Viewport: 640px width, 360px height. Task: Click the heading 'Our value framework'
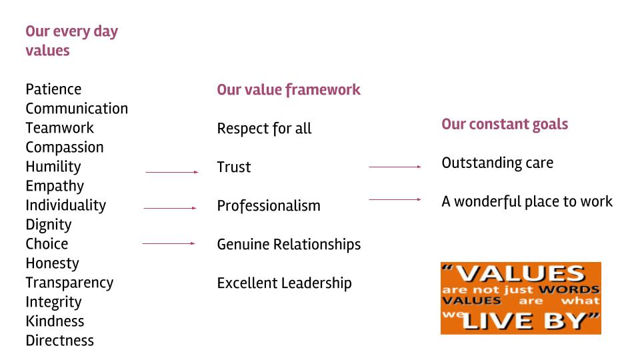coord(288,90)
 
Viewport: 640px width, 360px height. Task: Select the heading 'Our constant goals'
coord(505,125)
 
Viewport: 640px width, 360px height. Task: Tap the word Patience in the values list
coord(53,89)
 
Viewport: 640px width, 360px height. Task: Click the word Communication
coord(77,109)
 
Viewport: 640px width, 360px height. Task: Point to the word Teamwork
coord(59,128)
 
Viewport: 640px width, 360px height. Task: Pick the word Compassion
coord(65,147)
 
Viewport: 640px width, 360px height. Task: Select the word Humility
coord(53,167)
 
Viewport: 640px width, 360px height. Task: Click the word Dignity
coord(48,225)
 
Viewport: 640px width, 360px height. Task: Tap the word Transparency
coord(69,283)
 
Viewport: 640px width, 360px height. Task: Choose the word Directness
coord(59,341)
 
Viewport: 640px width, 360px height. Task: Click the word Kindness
coord(55,321)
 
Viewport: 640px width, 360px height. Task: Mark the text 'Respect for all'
coord(264,129)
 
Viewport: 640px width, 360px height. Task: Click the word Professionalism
coord(269,206)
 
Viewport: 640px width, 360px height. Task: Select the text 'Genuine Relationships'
coord(289,245)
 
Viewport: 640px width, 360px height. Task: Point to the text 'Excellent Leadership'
coord(284,283)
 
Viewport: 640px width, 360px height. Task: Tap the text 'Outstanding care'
coord(497,163)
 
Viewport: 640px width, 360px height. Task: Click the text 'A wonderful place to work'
coord(527,201)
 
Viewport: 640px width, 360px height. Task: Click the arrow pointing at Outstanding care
coord(395,167)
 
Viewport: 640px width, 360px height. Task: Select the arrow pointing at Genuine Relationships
coord(169,243)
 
